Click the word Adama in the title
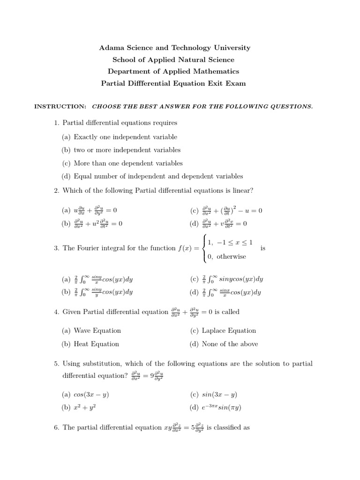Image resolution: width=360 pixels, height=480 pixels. (x=110, y=48)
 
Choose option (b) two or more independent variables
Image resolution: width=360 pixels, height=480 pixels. (x=127, y=150)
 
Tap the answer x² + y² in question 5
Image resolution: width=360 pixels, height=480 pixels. (x=85, y=407)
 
